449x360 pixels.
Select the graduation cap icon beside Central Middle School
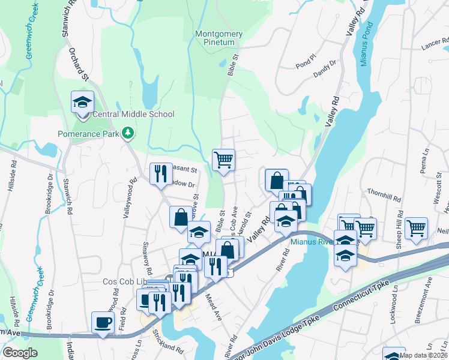click(x=82, y=102)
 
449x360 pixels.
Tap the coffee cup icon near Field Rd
click(x=103, y=323)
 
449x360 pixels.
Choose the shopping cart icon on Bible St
click(x=223, y=160)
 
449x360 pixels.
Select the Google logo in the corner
click(x=20, y=353)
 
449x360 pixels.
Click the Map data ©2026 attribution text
click(x=423, y=355)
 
